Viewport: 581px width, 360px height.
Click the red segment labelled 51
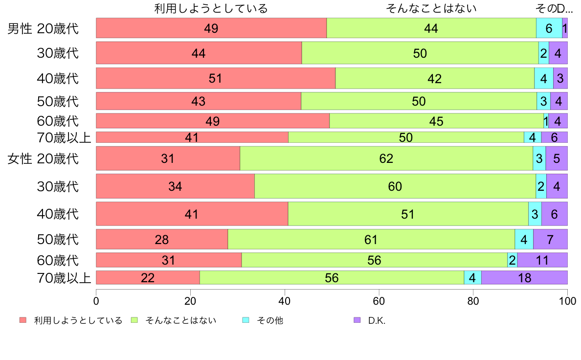pyautogui.click(x=216, y=78)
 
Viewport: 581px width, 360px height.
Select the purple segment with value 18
pyautogui.click(x=524, y=277)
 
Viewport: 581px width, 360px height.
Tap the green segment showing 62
pyautogui.click(x=386, y=158)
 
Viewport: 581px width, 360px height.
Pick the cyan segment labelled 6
pyautogui.click(x=549, y=28)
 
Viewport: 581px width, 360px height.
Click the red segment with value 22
pyautogui.click(x=148, y=277)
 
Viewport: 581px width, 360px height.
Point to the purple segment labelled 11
pyautogui.click(x=542, y=260)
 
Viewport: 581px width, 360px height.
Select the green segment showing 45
pyautogui.click(x=436, y=120)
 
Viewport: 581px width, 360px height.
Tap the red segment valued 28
pyautogui.click(x=162, y=239)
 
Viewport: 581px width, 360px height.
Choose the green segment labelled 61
pyautogui.click(x=371, y=239)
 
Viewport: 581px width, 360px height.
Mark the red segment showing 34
pyautogui.click(x=175, y=186)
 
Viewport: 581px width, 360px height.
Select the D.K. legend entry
pyautogui.click(x=377, y=320)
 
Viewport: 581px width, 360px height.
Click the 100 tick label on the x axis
pyautogui.click(x=567, y=300)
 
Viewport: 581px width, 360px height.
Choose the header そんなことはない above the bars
pyautogui.click(x=431, y=8)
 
